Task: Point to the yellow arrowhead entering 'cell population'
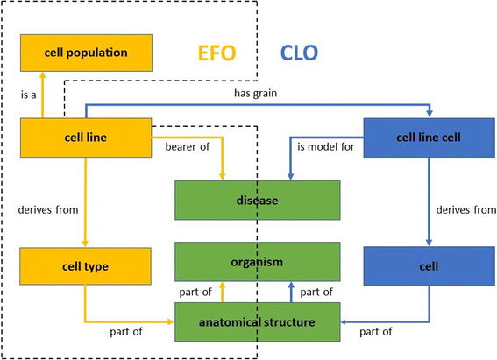click(x=65, y=76)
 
